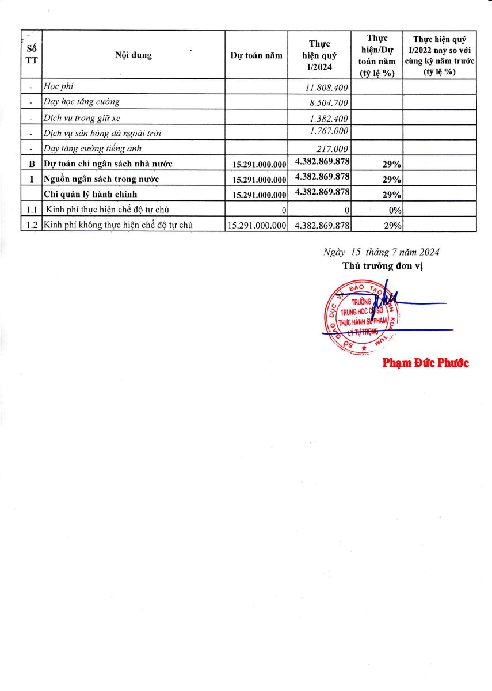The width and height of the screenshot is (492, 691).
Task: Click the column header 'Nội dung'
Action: pyautogui.click(x=133, y=55)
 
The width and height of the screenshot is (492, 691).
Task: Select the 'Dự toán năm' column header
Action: pyautogui.click(x=256, y=55)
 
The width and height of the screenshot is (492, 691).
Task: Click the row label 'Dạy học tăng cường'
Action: pyautogui.click(x=82, y=102)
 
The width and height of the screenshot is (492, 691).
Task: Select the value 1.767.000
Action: pyautogui.click(x=329, y=131)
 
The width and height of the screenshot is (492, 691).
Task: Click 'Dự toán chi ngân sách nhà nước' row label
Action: pyautogui.click(x=108, y=164)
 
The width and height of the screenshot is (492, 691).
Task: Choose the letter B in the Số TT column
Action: pyautogui.click(x=32, y=164)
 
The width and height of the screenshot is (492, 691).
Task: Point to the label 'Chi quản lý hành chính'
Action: pyautogui.click(x=91, y=194)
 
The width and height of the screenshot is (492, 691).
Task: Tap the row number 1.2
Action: pyautogui.click(x=32, y=225)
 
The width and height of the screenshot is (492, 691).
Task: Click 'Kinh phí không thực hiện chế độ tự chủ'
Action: pyautogui.click(x=119, y=225)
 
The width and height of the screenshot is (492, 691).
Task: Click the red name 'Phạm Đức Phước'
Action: pyautogui.click(x=426, y=363)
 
